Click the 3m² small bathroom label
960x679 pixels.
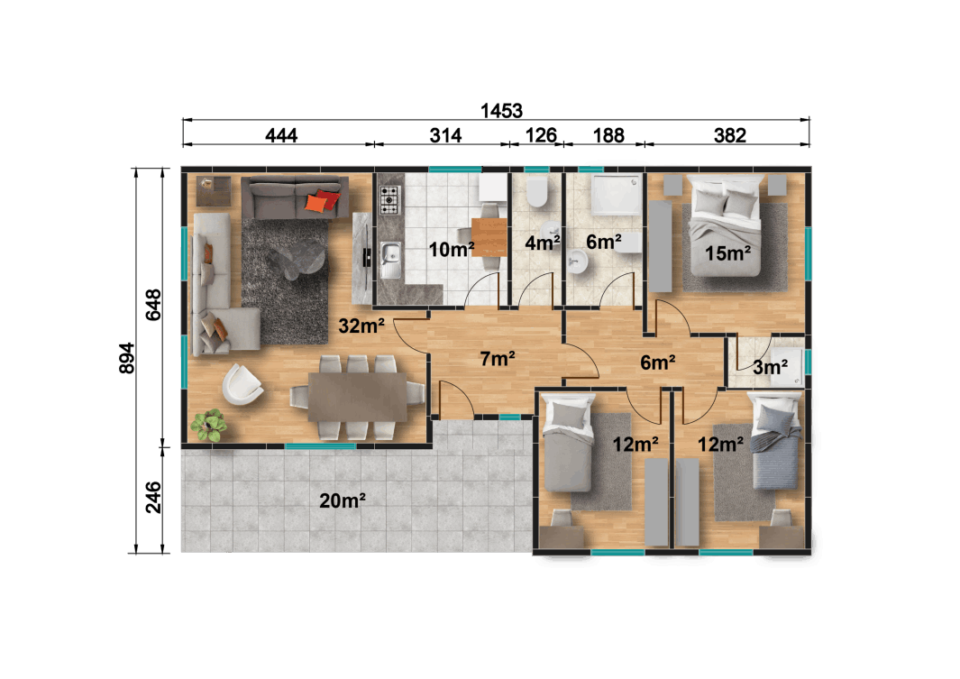point(771,367)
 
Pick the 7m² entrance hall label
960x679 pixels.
point(498,359)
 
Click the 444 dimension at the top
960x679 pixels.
point(281,136)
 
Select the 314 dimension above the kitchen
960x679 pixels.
point(445,136)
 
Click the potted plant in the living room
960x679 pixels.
point(209,425)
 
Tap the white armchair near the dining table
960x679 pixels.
point(242,385)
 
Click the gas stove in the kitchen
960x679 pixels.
point(389,199)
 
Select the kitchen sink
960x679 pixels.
point(390,261)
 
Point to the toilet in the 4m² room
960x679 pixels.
point(537,191)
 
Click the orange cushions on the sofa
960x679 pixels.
point(322,201)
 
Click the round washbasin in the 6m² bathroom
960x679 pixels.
point(579,262)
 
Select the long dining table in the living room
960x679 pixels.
point(356,398)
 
